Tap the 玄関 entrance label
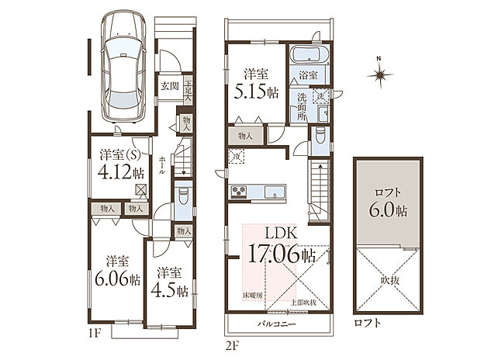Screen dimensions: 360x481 pos(170,86)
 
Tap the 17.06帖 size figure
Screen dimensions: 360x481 pos(281,254)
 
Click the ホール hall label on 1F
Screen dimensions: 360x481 pos(161,165)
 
